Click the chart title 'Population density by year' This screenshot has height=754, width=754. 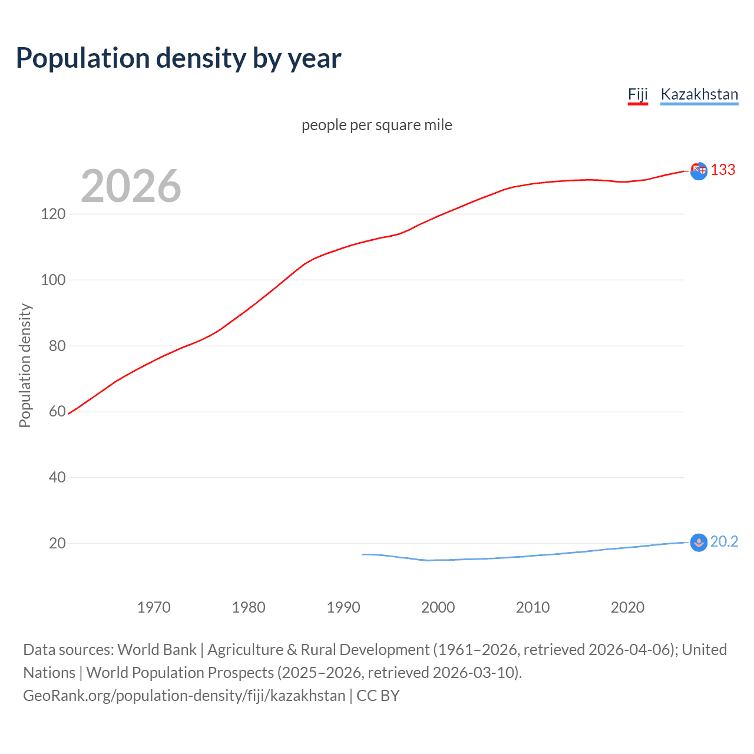[178, 58]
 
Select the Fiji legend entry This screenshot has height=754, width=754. [637, 94]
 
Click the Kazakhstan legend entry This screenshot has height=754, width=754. [699, 94]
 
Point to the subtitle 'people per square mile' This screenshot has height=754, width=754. [376, 125]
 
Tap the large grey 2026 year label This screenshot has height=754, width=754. [131, 186]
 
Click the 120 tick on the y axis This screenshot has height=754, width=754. [53, 214]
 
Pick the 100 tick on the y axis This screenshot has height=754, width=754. [53, 280]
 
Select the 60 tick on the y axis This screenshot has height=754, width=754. [57, 411]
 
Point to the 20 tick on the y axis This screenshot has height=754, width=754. [57, 543]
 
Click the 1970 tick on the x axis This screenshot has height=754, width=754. [154, 607]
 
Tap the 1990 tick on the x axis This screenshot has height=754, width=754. [343, 607]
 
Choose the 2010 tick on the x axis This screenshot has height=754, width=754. [533, 607]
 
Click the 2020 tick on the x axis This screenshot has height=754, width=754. [627, 607]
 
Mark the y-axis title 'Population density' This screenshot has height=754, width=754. [25, 365]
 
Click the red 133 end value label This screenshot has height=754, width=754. [723, 170]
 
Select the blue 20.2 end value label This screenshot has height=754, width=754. [724, 542]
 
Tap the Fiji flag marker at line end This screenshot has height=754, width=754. [699, 171]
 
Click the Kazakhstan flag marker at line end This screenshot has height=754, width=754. [699, 543]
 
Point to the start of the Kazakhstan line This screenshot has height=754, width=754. [362, 554]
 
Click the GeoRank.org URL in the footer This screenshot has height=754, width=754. [184, 696]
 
